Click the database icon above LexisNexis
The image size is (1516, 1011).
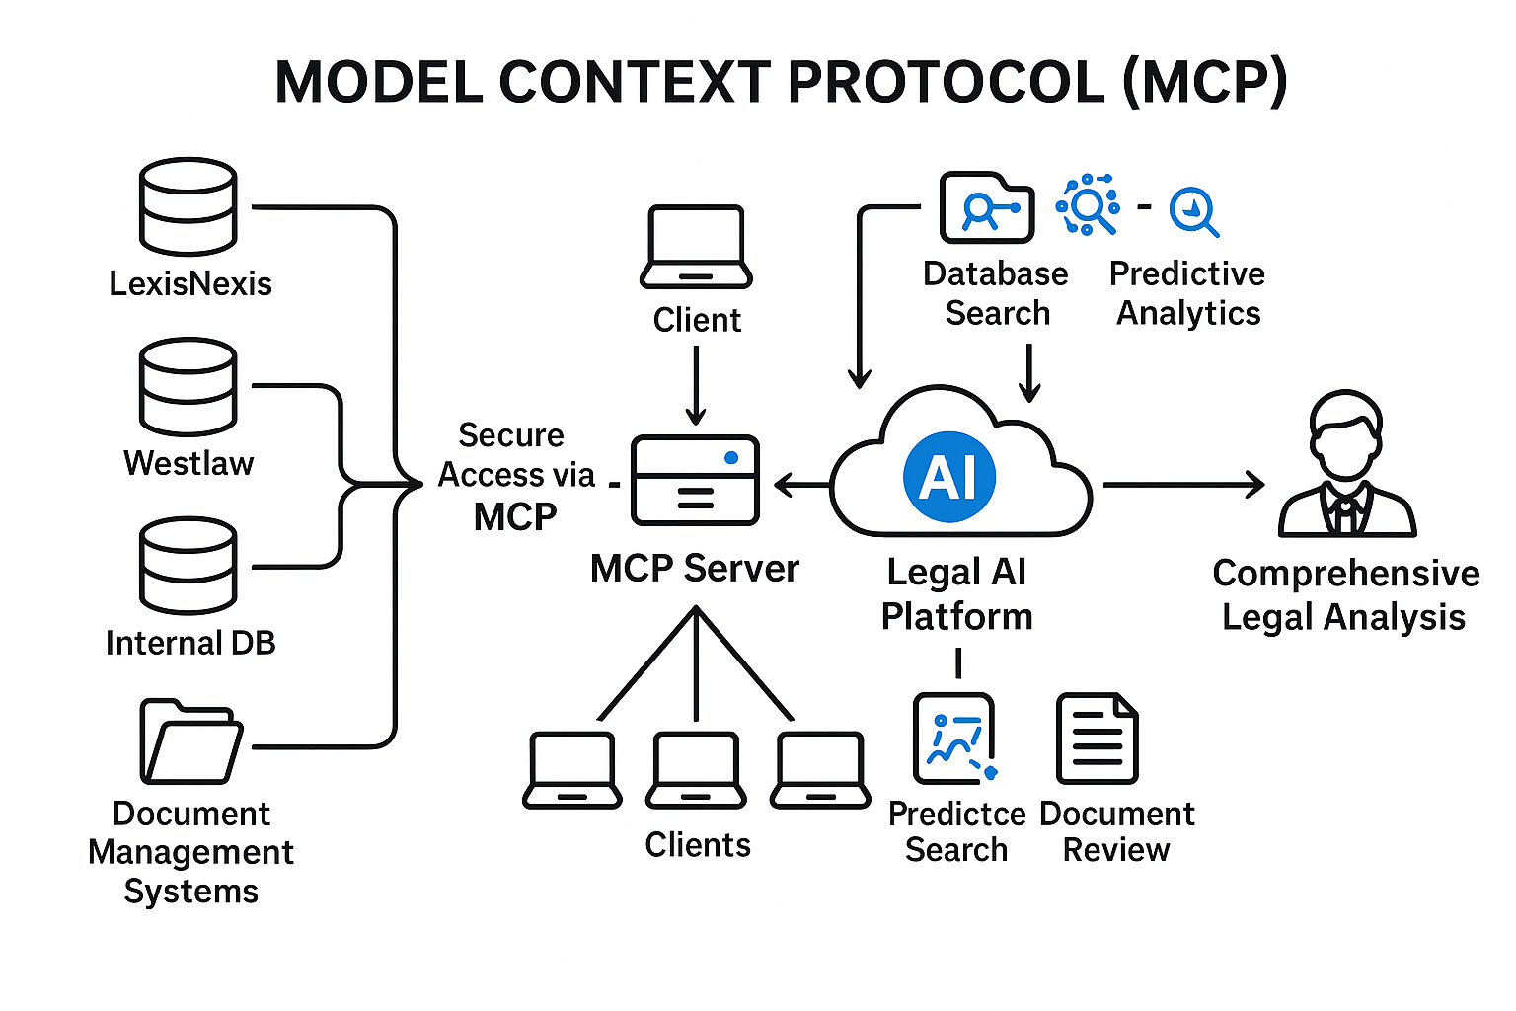click(x=188, y=206)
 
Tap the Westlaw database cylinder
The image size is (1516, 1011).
click(x=188, y=386)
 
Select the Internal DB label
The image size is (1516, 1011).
click(x=190, y=643)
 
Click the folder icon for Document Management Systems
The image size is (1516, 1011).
click(x=190, y=741)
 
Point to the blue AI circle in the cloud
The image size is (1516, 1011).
click(x=949, y=477)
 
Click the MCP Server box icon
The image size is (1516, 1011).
click(x=695, y=480)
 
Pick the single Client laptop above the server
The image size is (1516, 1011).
click(x=696, y=247)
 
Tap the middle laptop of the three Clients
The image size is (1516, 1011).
click(x=696, y=770)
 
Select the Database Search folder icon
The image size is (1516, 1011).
click(x=986, y=207)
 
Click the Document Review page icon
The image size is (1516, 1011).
click(x=1097, y=739)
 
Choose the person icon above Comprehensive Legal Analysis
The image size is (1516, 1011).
click(x=1346, y=464)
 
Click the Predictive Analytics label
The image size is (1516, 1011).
click(x=1187, y=293)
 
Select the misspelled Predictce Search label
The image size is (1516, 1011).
click(x=956, y=831)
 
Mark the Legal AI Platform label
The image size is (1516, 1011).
click(x=956, y=593)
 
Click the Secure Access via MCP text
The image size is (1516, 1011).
click(x=515, y=476)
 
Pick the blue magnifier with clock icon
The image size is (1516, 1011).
click(x=1193, y=211)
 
